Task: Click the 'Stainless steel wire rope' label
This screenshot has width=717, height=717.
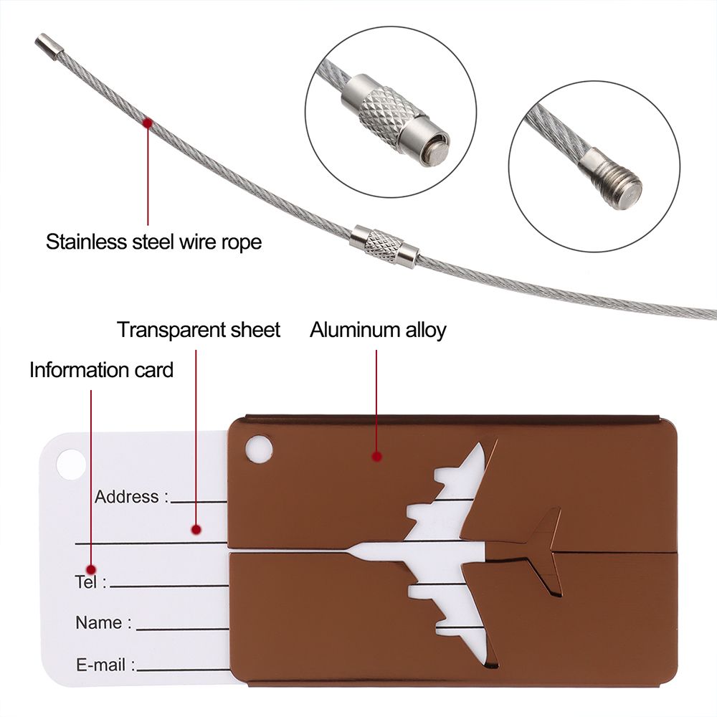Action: pyautogui.click(x=153, y=242)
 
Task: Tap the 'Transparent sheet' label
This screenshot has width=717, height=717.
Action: pyautogui.click(x=199, y=331)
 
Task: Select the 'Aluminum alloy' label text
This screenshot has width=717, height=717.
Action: pyautogui.click(x=378, y=331)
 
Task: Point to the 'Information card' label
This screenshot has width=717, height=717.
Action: pyautogui.click(x=101, y=370)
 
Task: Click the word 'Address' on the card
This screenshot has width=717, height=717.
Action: pyautogui.click(x=127, y=496)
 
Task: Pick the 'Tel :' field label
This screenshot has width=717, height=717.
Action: pyautogui.click(x=90, y=581)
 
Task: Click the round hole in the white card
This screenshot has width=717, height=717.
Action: pyautogui.click(x=71, y=465)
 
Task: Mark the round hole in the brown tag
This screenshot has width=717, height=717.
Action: pyautogui.click(x=259, y=450)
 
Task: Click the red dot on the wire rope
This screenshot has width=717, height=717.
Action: pyautogui.click(x=147, y=123)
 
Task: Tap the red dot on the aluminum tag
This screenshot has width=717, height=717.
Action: pyautogui.click(x=376, y=456)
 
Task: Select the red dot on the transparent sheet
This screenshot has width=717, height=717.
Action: pyautogui.click(x=196, y=530)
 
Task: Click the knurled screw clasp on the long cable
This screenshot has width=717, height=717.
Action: pyautogui.click(x=384, y=246)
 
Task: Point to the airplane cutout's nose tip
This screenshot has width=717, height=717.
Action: pyautogui.click(x=351, y=551)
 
